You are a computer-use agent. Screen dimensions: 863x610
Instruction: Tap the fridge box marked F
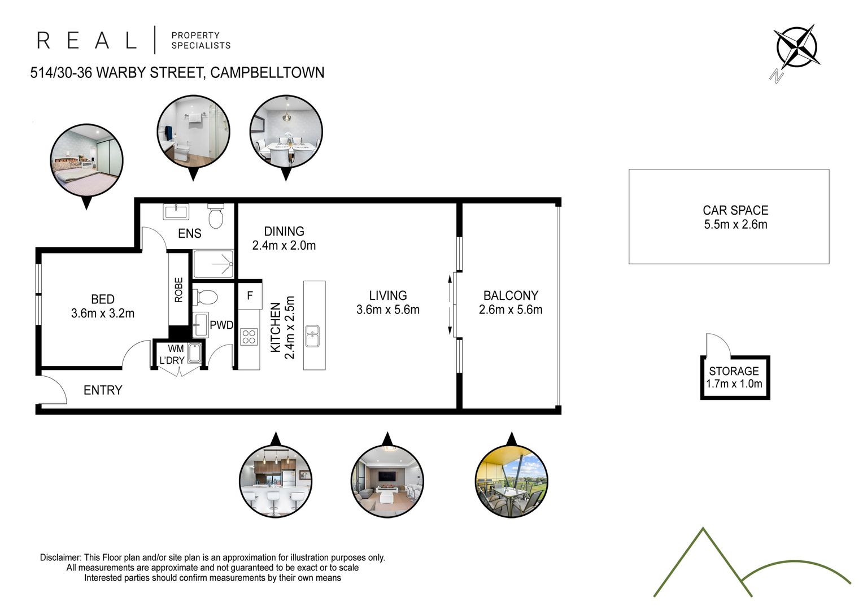250,295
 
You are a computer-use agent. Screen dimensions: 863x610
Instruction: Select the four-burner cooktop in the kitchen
249,337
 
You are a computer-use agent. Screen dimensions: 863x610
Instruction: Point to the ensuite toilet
216,216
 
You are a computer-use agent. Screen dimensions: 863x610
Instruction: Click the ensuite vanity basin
176,212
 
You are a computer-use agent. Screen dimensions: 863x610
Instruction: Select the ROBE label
178,290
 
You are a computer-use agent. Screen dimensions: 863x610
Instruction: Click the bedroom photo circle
86,160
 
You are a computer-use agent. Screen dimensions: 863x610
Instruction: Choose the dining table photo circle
286,132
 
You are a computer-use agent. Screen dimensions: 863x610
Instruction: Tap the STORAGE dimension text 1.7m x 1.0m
734,384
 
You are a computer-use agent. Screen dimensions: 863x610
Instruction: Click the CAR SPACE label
735,211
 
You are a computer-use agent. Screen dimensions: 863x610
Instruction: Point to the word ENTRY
103,390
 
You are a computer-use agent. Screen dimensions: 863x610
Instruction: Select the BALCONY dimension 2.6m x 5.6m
511,310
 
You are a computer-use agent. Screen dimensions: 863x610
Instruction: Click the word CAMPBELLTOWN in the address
267,72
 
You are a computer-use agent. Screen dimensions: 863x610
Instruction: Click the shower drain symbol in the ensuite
231,264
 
